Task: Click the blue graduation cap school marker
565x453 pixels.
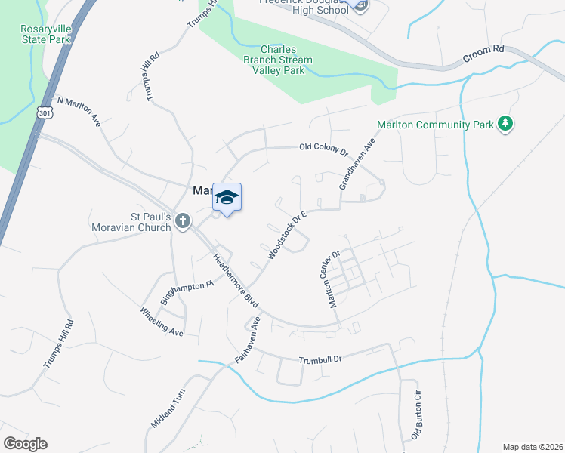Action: (227, 198)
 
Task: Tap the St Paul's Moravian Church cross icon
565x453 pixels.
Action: (182, 221)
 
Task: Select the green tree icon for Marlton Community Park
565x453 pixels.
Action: (506, 125)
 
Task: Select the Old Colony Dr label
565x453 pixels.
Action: (323, 149)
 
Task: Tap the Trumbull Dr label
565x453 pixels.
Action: (320, 360)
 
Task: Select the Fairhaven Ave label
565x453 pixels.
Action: (247, 341)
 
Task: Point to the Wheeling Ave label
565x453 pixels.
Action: (162, 322)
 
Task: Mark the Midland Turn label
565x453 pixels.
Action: (168, 408)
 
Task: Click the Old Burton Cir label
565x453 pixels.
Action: (415, 416)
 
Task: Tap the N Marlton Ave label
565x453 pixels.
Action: (79, 110)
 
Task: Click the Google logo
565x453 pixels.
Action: (25, 443)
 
